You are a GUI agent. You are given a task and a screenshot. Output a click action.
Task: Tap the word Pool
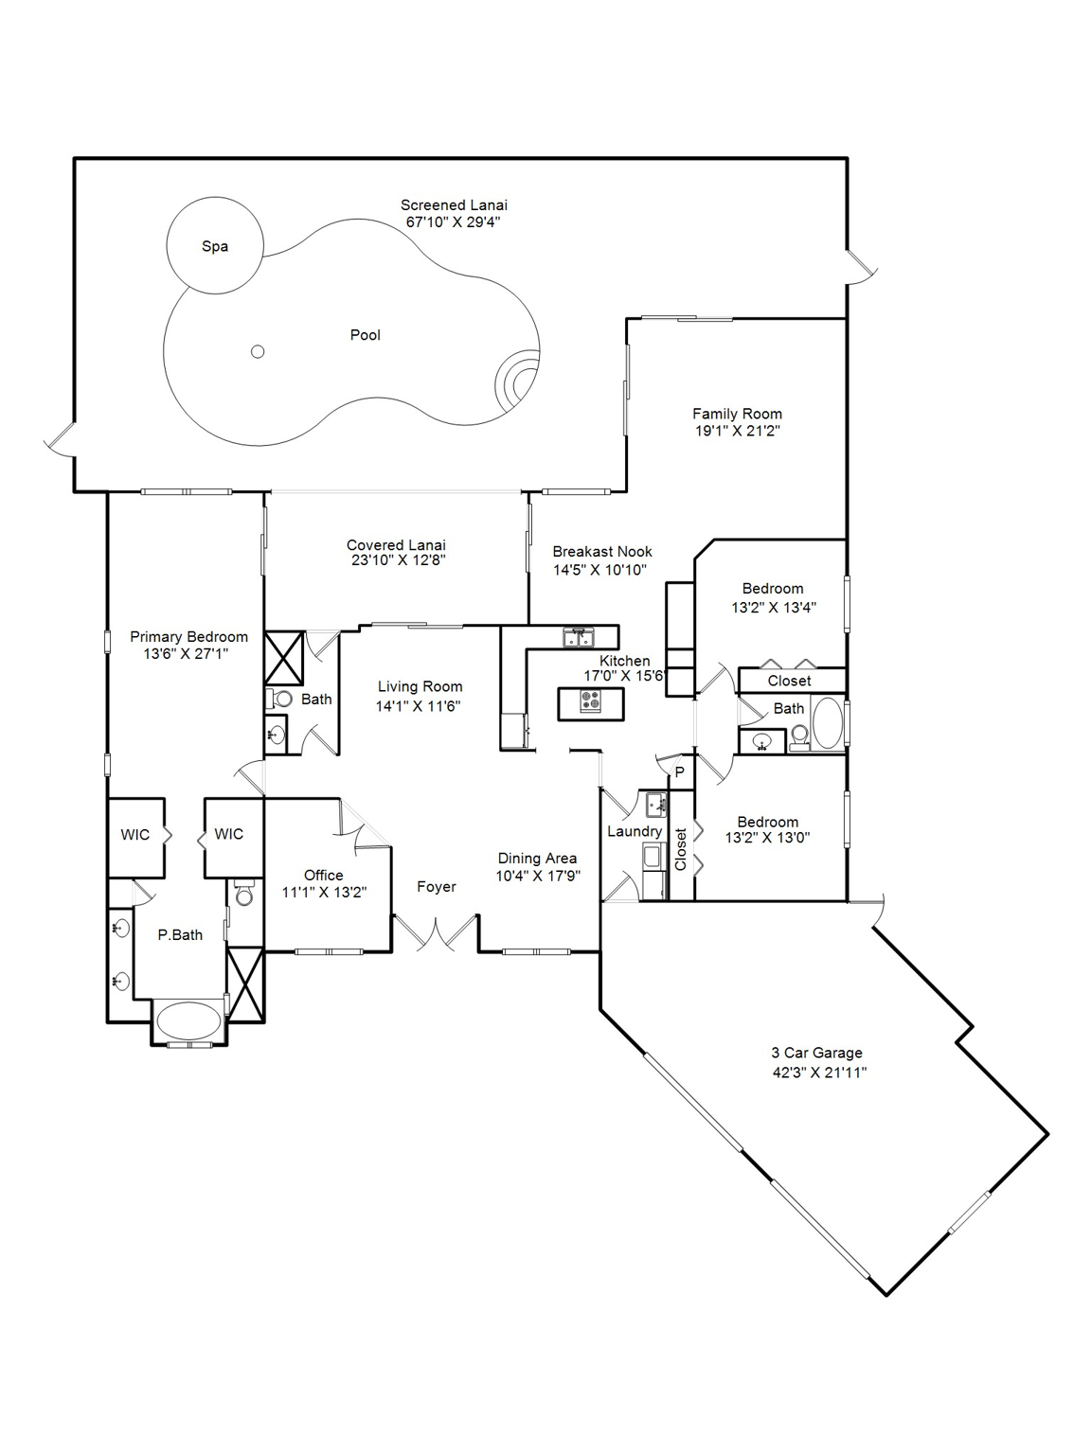pyautogui.click(x=365, y=335)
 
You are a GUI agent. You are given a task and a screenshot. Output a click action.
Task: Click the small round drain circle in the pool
pyautogui.click(x=258, y=352)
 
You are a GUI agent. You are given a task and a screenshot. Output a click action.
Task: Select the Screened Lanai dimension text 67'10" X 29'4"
pyautogui.click(x=453, y=222)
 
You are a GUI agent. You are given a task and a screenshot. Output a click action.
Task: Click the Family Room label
pyautogui.click(x=737, y=414)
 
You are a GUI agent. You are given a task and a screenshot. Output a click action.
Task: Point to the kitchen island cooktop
pyautogui.click(x=592, y=700)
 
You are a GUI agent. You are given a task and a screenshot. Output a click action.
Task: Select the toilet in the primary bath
pyautogui.click(x=243, y=894)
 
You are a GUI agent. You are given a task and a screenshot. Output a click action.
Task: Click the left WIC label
pyautogui.click(x=135, y=834)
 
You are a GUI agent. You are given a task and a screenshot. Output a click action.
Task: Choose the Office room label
pyautogui.click(x=323, y=875)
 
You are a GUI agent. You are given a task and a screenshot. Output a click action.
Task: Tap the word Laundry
pyautogui.click(x=634, y=831)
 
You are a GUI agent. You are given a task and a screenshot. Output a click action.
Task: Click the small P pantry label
pyautogui.click(x=679, y=772)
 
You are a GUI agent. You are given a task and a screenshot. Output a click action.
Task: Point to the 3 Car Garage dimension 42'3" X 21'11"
pyautogui.click(x=819, y=1073)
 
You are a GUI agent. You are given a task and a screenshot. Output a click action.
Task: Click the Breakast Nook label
pyautogui.click(x=602, y=551)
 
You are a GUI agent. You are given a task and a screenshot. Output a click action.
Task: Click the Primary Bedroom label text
pyautogui.click(x=188, y=637)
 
